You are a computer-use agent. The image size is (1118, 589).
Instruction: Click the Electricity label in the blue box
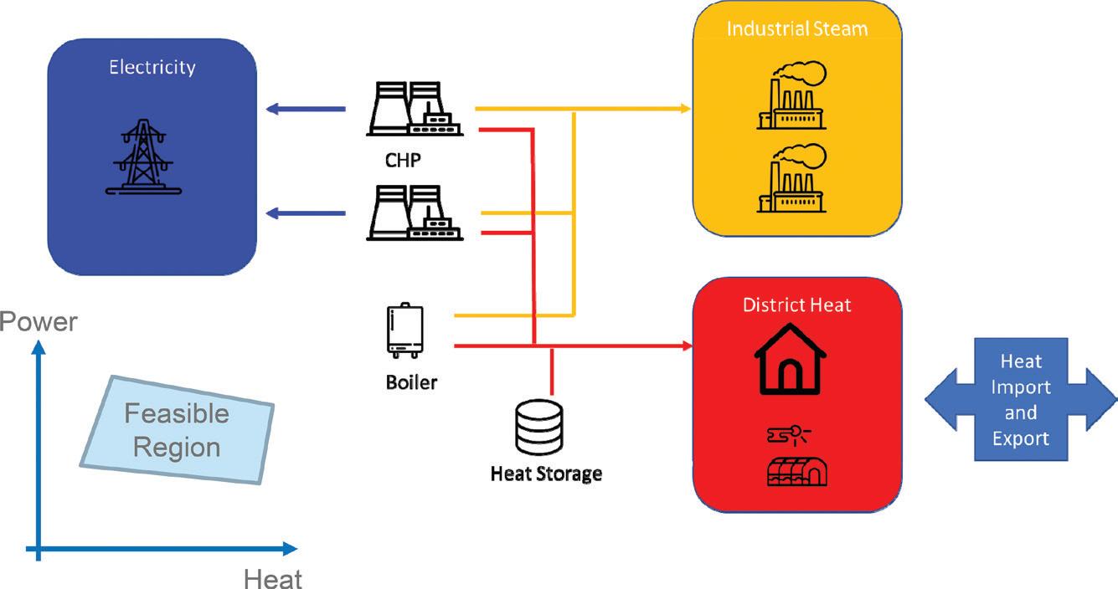coord(152,67)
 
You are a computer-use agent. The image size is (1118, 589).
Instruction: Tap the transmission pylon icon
coord(142,156)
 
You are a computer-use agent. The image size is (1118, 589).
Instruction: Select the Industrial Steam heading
coord(796,28)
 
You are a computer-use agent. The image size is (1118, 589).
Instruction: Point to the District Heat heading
coord(796,304)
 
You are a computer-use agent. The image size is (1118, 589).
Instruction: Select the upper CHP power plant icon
coord(413,109)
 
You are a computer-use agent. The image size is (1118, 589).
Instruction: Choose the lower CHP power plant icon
coord(413,214)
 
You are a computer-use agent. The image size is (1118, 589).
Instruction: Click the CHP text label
coord(403,160)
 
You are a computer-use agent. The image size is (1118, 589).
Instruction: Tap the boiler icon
coord(404,331)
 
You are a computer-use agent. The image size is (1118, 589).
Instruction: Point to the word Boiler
coord(411,383)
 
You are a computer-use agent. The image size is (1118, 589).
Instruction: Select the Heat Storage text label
coord(545,474)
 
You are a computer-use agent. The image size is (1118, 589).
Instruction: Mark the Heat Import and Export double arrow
coord(1020,399)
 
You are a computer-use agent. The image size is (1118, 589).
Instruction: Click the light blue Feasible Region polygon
coord(178,429)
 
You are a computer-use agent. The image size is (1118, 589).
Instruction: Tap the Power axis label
coord(39,322)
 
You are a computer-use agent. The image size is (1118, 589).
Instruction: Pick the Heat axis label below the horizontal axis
coord(273,578)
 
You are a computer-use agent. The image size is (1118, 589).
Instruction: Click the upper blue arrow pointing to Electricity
coord(306,109)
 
